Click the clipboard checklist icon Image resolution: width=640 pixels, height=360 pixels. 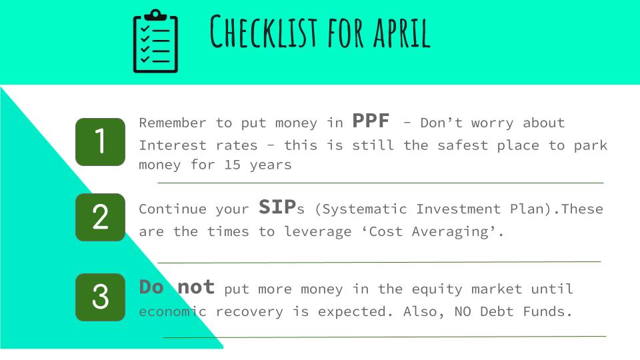tap(155, 41)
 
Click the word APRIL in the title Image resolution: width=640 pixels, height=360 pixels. tap(401, 32)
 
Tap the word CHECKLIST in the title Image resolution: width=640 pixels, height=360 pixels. tap(264, 31)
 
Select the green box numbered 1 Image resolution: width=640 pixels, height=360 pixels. tap(101, 142)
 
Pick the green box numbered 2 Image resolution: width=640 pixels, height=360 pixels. tap(101, 217)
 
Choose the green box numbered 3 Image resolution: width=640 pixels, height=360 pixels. tap(101, 297)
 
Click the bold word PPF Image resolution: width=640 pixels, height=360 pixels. tap(371, 121)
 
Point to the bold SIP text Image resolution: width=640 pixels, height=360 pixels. tap(277, 207)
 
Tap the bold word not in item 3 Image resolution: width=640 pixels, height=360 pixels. tap(196, 287)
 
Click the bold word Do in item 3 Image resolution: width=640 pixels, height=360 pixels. tap(151, 287)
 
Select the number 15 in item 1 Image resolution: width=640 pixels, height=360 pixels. tap(232, 165)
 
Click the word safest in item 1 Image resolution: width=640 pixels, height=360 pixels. tap(463, 145)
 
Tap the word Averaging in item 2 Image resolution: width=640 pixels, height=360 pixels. tap(450, 232)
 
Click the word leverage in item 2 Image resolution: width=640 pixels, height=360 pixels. tap(317, 232)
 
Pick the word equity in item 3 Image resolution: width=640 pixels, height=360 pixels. tap(437, 289)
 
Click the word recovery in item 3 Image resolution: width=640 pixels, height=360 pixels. tap(249, 312)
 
